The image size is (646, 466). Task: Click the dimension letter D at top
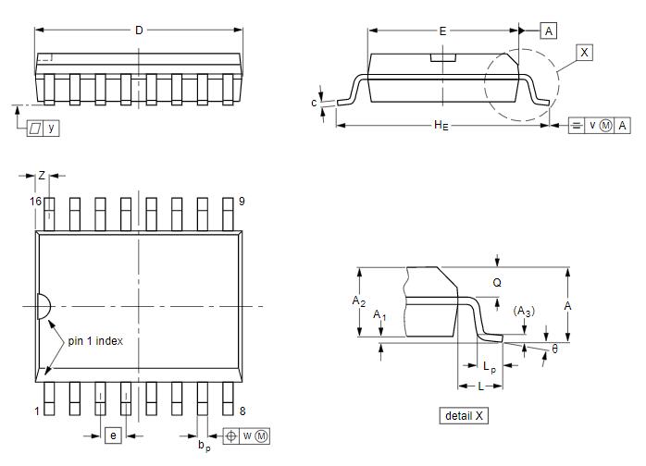point(139,31)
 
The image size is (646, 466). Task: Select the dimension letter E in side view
point(443,31)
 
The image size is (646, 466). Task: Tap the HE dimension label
point(441,125)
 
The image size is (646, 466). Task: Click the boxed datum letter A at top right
point(549,31)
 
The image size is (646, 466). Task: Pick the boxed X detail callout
point(584,53)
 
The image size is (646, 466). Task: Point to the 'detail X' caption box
point(464,416)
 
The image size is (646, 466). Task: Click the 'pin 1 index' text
point(94,340)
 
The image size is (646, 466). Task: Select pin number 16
point(36,202)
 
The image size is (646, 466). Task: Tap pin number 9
point(242,202)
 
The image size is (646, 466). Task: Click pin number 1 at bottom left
point(37,411)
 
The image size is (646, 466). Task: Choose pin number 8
point(242,411)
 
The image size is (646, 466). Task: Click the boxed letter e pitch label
point(113,435)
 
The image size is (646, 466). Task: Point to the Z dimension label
point(42,176)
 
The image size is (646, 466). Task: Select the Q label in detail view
point(497,283)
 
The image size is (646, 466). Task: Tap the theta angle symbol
point(555,349)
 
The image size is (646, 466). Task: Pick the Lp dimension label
point(490,366)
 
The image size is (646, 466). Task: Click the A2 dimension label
point(359,301)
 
